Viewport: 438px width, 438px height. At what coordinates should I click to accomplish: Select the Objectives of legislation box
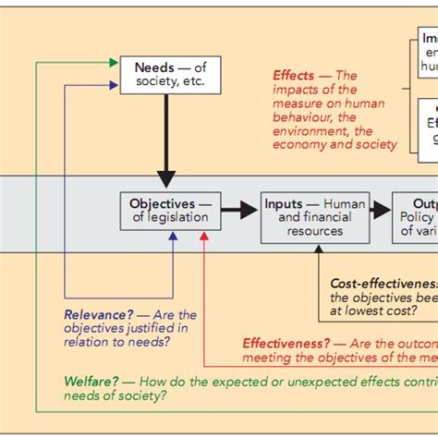[x=171, y=211]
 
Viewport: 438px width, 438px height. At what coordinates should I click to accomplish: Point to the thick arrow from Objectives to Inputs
[x=239, y=211]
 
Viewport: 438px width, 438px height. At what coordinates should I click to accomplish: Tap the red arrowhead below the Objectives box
[x=204, y=237]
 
